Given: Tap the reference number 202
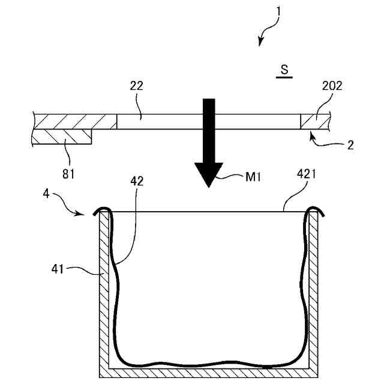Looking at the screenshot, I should point(332,85).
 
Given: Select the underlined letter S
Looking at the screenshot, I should point(284,70).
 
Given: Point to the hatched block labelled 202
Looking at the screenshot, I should point(314,121).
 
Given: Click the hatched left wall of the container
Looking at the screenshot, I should point(103,288).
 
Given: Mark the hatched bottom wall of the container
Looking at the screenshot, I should point(210,373).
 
